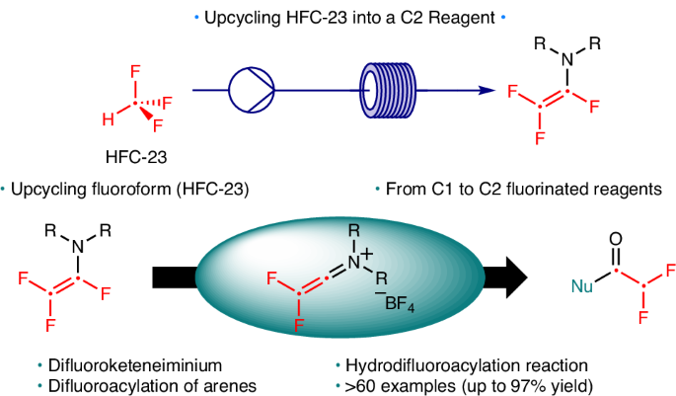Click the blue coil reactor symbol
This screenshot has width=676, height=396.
point(387,90)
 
